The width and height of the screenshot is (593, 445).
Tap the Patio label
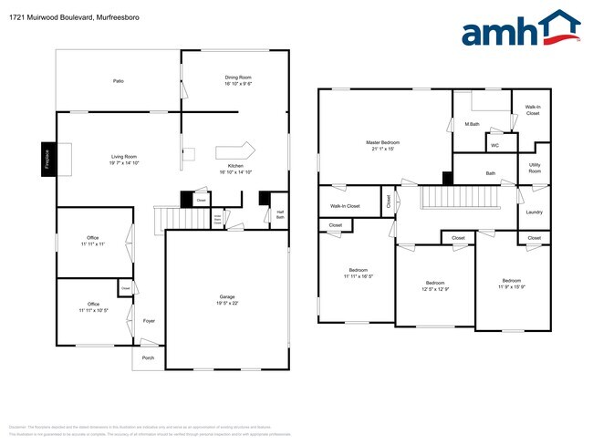coord(119,81)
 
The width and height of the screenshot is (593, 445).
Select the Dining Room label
coord(238,78)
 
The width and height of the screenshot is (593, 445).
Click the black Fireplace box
coord(47,157)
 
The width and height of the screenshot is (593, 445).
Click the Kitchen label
coord(235,166)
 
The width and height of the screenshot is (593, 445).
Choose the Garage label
coord(226,296)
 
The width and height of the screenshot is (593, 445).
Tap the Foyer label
coord(149,321)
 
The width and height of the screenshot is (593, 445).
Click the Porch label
coord(148,357)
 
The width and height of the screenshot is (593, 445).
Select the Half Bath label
coord(280,215)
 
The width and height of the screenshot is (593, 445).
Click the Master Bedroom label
coord(383,142)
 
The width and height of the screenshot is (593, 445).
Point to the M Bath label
coord(473,123)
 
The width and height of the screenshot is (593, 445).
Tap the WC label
coord(494,145)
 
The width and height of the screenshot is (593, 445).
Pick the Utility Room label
coord(535,168)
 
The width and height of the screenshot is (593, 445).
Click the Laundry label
coord(534,212)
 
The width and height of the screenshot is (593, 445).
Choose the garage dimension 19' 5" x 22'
coord(226,304)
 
